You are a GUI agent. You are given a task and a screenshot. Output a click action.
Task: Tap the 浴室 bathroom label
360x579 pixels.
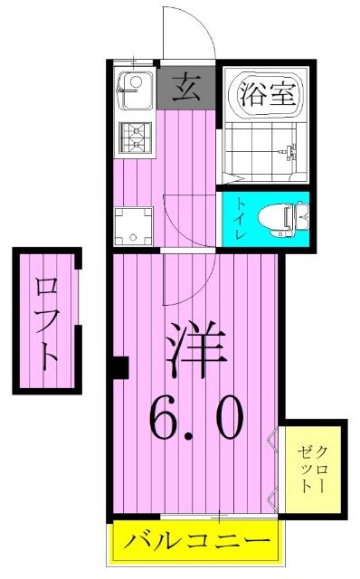(x=268, y=94)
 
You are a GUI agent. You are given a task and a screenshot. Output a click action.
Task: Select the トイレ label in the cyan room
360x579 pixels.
(x=241, y=219)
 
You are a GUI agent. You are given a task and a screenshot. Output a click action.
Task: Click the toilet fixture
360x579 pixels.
(x=283, y=219)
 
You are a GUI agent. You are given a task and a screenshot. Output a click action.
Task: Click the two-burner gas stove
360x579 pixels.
(x=135, y=138)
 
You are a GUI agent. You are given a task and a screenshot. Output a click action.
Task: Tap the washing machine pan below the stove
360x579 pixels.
(x=133, y=226)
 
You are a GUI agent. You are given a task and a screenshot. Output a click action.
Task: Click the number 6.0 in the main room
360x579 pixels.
(x=196, y=418)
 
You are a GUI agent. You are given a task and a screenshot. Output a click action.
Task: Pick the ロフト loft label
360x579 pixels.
(x=47, y=320)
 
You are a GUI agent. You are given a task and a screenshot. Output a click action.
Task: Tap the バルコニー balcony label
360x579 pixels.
(x=196, y=541)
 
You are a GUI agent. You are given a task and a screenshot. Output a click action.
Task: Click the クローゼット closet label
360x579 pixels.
(x=312, y=469)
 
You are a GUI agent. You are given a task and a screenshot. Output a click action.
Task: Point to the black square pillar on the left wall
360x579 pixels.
(x=120, y=368)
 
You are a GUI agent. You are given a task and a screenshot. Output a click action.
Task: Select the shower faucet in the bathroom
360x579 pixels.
(x=289, y=151)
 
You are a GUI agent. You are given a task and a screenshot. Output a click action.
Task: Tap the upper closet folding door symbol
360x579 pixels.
(x=273, y=440)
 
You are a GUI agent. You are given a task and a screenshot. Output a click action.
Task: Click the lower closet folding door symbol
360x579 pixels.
(x=273, y=499)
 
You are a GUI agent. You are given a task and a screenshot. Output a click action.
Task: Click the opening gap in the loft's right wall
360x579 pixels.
(x=79, y=297)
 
